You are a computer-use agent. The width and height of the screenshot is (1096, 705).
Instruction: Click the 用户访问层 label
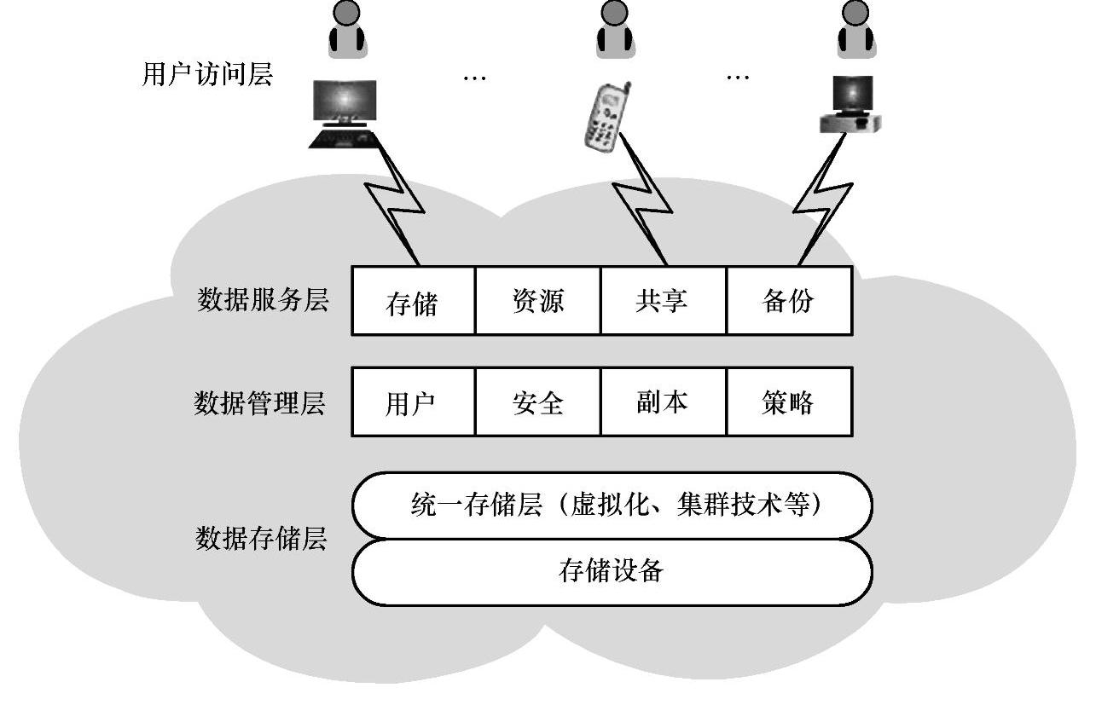(206, 75)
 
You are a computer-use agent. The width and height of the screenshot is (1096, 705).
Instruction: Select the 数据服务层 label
(263, 300)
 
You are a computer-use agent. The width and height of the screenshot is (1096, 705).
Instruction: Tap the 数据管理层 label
(259, 402)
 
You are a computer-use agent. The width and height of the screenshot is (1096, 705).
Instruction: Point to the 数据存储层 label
(261, 539)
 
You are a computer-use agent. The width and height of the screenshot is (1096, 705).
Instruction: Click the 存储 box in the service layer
(413, 301)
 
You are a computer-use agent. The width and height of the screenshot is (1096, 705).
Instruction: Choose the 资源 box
(538, 301)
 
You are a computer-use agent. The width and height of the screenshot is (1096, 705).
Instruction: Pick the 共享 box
(663, 301)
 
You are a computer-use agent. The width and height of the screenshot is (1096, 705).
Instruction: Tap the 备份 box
(789, 301)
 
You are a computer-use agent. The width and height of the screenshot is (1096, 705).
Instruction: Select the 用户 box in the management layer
(413, 402)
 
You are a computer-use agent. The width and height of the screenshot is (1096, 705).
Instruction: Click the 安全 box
(538, 402)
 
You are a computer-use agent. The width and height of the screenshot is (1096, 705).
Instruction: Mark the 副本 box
(663, 402)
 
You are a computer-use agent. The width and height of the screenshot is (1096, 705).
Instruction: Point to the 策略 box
(789, 402)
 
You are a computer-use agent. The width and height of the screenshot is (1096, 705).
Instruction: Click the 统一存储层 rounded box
(612, 506)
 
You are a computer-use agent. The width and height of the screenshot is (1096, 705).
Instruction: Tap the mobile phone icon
(606, 118)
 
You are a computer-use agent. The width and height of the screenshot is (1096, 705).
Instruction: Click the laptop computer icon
(344, 113)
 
